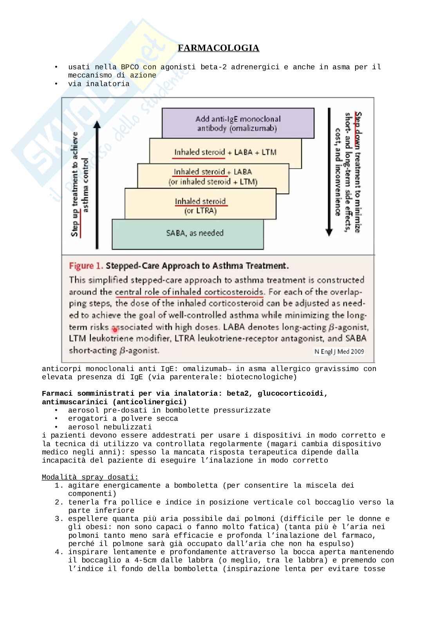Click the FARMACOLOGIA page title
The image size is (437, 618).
tap(218, 48)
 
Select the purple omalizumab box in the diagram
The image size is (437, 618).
tap(238, 123)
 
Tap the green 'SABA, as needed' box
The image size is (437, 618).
tap(188, 234)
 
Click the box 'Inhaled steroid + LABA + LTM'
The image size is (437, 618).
tap(225, 152)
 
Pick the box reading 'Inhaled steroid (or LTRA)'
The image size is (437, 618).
tap(200, 206)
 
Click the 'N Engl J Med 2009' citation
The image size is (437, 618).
tap(339, 351)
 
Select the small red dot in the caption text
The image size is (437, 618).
tap(115, 330)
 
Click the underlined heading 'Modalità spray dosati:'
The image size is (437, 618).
tap(90, 477)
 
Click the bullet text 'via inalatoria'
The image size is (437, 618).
tap(99, 84)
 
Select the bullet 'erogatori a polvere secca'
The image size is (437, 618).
tap(123, 419)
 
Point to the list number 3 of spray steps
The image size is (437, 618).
tap(59, 519)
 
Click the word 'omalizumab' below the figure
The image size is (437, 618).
tap(204, 369)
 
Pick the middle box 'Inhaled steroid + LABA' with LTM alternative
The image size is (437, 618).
tap(213, 177)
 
